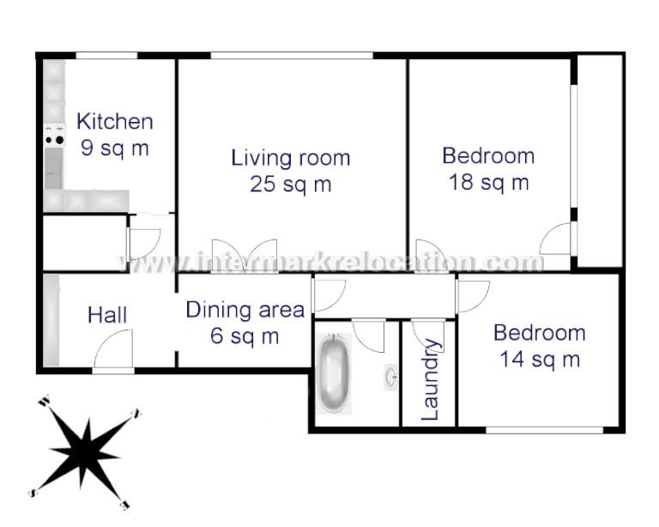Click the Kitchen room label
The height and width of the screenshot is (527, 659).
(x=115, y=122)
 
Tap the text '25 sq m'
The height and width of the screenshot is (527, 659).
(x=291, y=184)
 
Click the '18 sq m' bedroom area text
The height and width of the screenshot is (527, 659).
(x=488, y=182)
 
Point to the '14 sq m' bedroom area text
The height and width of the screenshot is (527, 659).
(x=540, y=359)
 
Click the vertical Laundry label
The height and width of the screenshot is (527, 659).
(x=430, y=380)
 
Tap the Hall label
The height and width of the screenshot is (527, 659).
(x=107, y=315)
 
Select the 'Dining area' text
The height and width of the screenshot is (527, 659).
(x=245, y=310)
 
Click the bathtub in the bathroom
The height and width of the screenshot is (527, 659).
(x=334, y=374)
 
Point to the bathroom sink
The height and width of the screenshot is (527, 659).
(x=391, y=376)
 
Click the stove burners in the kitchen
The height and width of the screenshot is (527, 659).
(x=54, y=135)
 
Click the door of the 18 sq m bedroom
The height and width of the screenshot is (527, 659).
(x=557, y=239)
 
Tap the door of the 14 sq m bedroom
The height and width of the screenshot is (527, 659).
(x=473, y=296)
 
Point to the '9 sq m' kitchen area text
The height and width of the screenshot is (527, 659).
(x=115, y=148)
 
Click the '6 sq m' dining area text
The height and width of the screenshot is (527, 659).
(x=245, y=336)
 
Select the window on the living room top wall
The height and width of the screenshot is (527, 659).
(x=292, y=56)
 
